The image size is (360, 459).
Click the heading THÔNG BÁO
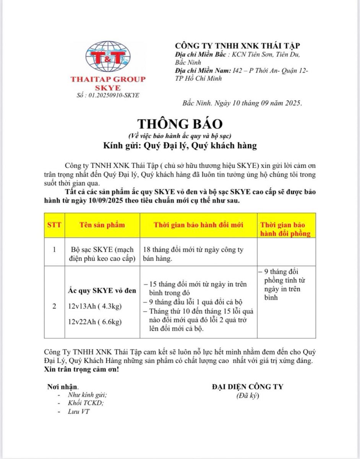[180, 124]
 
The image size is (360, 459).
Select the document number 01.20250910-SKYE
[108, 95]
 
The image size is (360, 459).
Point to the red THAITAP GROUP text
[108, 80]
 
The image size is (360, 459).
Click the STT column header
[54, 225]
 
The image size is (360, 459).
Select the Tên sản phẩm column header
[102, 225]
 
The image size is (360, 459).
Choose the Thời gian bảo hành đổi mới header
[198, 225]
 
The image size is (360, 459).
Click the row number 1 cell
[54, 250]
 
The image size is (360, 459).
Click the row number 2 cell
[54, 306]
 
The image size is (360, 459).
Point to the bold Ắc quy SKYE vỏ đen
[102, 291]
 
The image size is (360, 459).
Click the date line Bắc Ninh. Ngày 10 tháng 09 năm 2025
[242, 103]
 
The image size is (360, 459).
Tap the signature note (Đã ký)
[247, 396]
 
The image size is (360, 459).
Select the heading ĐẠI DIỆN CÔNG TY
[248, 386]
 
